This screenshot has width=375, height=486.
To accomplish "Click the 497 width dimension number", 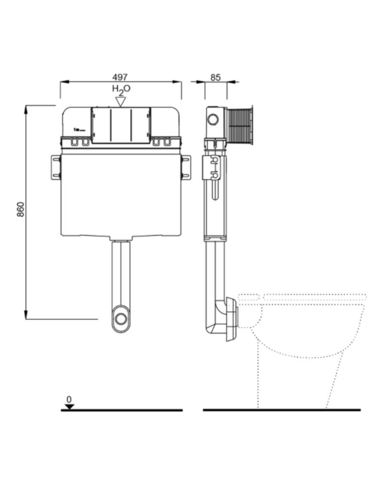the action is [120, 77].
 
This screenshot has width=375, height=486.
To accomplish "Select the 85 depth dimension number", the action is [215, 77].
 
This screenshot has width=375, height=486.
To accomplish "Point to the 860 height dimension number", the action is [20, 209].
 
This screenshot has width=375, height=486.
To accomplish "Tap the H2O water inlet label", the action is [121, 89].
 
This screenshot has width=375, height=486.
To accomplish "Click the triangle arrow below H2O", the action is [120, 102].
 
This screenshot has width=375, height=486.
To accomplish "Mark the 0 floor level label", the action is [69, 399].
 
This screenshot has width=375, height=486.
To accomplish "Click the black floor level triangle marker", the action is [70, 407].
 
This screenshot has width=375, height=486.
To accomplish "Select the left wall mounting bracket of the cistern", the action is [56, 167].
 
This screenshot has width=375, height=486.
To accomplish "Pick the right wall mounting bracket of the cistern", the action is [186, 167].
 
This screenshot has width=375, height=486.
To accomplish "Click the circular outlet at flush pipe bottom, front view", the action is [121, 319].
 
